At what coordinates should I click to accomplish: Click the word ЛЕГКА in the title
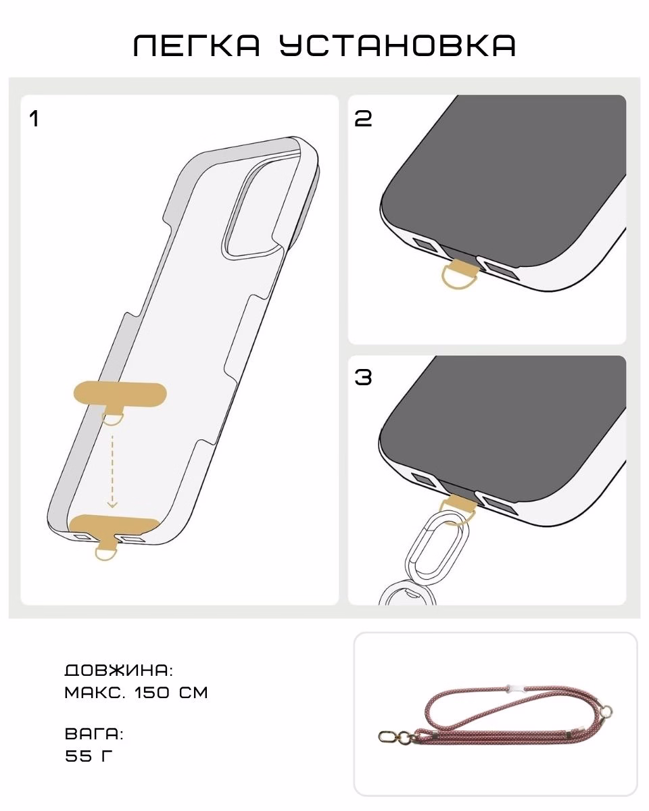[197, 45]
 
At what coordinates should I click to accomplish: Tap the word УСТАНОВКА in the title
[398, 45]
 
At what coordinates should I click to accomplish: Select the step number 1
[34, 119]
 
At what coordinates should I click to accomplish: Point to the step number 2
[363, 118]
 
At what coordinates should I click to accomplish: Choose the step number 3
[363, 377]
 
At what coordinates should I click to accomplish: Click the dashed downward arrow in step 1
[112, 471]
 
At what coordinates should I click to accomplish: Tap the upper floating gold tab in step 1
[120, 395]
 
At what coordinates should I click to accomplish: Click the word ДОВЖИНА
[118, 671]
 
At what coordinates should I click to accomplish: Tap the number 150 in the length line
[152, 693]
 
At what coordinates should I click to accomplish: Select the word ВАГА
[94, 734]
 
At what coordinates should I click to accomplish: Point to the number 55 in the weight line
[78, 756]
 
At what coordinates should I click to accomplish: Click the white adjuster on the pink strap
[515, 689]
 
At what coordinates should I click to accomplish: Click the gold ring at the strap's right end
[606, 712]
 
